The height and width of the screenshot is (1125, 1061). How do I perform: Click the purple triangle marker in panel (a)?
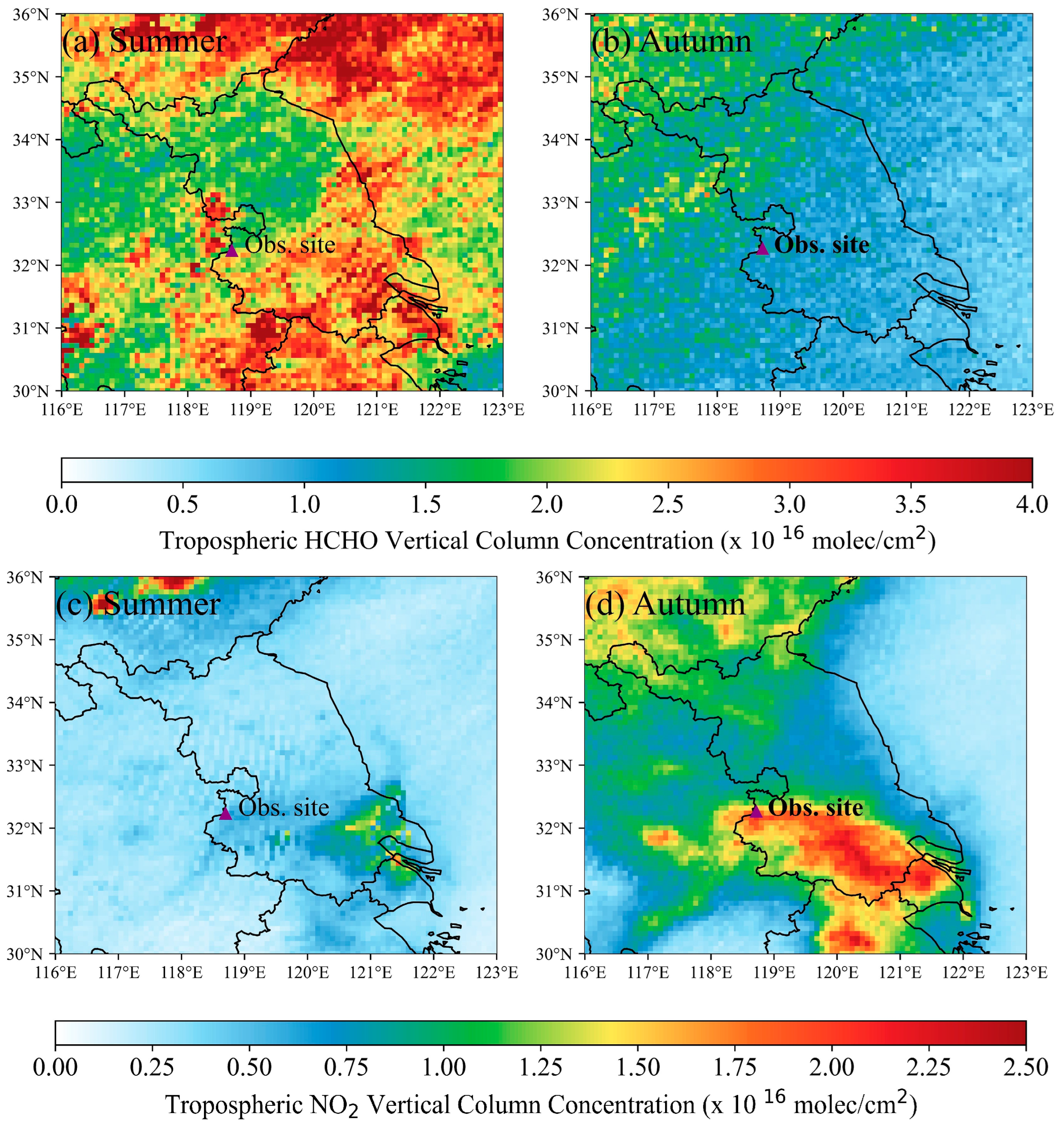click(231, 250)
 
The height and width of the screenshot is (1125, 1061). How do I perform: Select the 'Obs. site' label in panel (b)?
click(822, 245)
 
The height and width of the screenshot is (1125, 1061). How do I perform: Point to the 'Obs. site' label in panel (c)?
click(284, 807)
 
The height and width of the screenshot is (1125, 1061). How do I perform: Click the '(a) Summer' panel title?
click(145, 41)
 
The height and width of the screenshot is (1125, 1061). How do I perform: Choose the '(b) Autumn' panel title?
click(671, 41)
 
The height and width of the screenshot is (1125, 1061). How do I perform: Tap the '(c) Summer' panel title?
click(138, 604)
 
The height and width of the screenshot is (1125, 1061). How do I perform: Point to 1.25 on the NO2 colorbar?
click(541, 1068)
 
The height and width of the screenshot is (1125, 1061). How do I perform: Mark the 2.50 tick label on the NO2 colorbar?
click(1026, 1068)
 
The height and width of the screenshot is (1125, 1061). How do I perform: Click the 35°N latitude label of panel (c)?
click(24, 640)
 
